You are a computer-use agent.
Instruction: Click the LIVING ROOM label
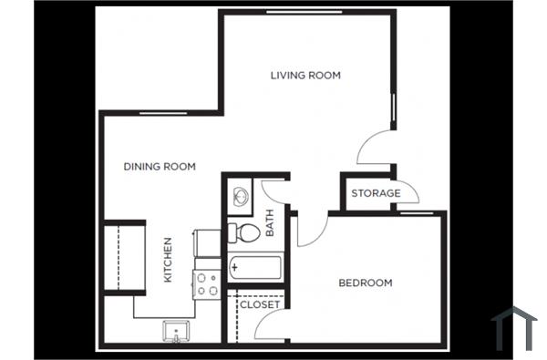tap(305, 76)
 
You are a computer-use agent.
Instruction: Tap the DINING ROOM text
tap(160, 166)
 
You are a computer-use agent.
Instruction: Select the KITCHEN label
tap(168, 260)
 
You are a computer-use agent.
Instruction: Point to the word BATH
tap(270, 223)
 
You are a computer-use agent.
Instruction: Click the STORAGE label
tap(376, 193)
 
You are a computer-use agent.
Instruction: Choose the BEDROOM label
tap(366, 283)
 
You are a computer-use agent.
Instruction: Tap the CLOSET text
tap(261, 304)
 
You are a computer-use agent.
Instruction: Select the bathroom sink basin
tap(241, 195)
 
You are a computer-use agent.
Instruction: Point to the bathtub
tap(256, 267)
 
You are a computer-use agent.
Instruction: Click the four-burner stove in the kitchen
tap(207, 284)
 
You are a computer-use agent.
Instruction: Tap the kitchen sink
tap(176, 329)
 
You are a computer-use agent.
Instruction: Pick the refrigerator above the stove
tap(207, 242)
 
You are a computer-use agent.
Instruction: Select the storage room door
tap(406, 190)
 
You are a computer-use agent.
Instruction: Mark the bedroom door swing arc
tap(307, 232)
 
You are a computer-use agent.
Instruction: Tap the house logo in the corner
tap(514, 327)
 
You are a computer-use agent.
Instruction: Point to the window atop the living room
tap(304, 12)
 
